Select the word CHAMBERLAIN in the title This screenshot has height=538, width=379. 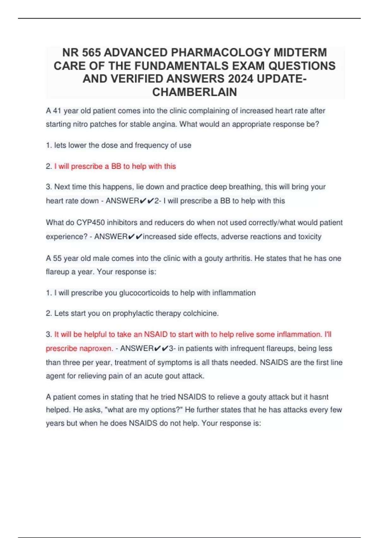click(195, 92)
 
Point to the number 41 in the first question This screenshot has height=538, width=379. click(57, 111)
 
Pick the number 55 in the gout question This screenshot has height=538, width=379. click(57, 258)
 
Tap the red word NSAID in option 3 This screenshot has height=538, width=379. click(156, 335)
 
